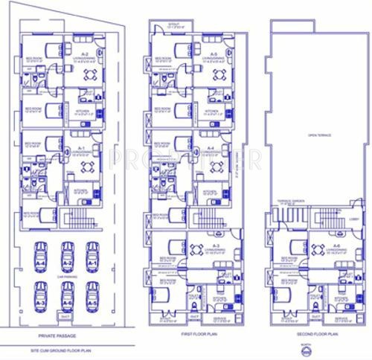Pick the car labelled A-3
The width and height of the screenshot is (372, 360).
pos(41,298)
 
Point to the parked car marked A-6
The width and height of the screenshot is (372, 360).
pos(66,298)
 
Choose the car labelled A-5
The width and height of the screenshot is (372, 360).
pos(92,298)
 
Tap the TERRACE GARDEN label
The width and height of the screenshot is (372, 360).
pos(288,202)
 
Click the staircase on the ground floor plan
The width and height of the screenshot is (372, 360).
pos(80,219)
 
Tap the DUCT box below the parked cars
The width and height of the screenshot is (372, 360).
pos(67,321)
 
